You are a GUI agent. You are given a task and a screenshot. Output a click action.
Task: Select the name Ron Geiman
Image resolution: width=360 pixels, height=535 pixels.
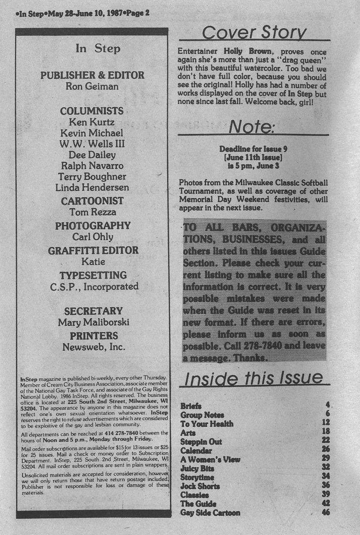point(92,87)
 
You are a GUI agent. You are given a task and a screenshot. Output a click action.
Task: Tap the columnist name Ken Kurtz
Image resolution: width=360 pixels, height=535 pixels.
point(92,122)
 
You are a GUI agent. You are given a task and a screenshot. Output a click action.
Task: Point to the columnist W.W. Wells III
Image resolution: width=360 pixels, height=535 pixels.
point(92,144)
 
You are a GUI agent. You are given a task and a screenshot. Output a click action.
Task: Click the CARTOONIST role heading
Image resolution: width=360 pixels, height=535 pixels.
point(92,201)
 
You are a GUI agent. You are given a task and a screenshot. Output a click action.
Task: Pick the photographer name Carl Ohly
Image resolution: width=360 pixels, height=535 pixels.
point(92,236)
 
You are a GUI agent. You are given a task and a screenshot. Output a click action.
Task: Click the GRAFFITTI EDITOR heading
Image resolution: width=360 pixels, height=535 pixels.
point(93,250)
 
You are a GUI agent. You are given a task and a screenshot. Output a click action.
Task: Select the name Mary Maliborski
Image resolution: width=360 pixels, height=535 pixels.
point(93,323)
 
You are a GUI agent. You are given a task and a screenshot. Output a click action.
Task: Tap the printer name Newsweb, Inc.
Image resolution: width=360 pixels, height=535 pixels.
point(93,347)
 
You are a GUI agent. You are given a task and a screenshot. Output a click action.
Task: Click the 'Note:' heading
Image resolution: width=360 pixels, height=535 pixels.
point(251,126)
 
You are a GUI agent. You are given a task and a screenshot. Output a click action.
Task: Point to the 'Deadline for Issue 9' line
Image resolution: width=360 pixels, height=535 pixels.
point(253,149)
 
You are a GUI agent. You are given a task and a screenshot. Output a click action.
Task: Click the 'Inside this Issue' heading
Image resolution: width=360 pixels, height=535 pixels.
point(253,378)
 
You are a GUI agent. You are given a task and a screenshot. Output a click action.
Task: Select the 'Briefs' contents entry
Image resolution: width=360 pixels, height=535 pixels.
point(191,406)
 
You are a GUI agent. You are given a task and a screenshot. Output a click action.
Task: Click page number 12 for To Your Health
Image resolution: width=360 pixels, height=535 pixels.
point(326,423)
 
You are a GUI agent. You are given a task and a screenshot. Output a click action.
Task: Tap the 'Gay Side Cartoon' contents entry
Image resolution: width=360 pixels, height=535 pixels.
point(210,513)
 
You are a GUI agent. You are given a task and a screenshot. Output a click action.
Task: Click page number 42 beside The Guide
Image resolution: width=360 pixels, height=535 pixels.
point(326,504)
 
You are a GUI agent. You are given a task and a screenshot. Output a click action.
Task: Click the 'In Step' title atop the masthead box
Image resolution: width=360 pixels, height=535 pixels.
point(98,48)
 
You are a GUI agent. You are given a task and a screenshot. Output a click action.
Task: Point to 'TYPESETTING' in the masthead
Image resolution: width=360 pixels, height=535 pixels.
point(93,275)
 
